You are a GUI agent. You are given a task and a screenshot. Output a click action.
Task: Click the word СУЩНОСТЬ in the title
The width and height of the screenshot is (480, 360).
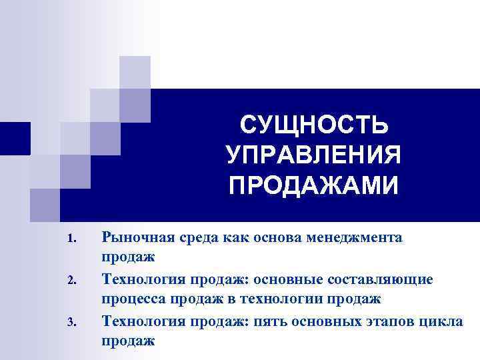point(313,125)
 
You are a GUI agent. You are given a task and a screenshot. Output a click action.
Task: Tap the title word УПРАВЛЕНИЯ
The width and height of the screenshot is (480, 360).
point(313,155)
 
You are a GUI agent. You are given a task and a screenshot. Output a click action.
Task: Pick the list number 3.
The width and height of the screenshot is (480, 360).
point(73,323)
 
